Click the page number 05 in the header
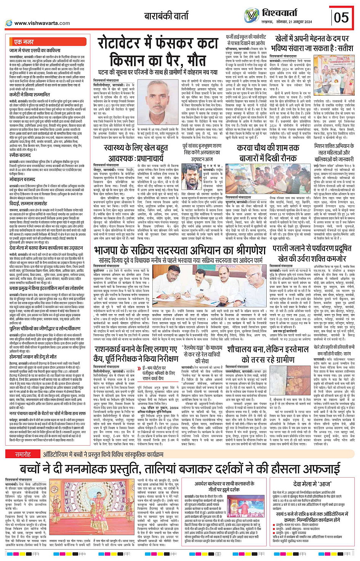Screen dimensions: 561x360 (x=341, y=17)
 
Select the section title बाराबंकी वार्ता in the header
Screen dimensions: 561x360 (x=166, y=16)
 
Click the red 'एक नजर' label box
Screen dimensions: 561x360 (x=24, y=42)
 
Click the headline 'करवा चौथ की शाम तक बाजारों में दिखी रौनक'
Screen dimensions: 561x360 (x=268, y=153)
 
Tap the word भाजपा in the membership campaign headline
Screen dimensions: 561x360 (x=111, y=250)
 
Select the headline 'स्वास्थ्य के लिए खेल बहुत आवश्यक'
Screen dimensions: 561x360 (x=130, y=152)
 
